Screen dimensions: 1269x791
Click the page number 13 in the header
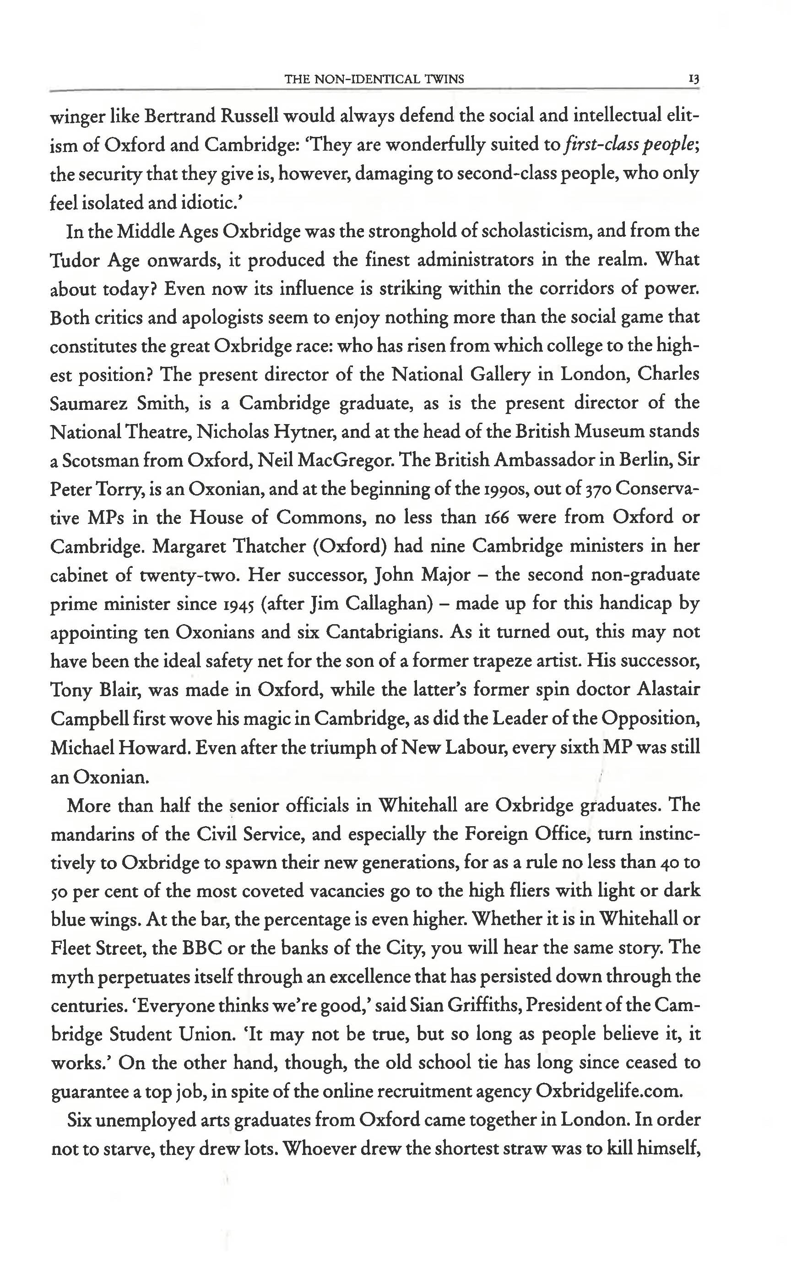[694, 80]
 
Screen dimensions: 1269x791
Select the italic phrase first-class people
[631, 145]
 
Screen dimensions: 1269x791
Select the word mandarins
[92, 833]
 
